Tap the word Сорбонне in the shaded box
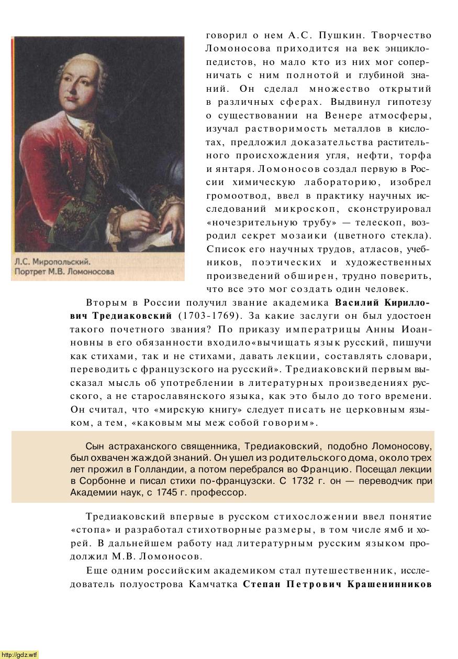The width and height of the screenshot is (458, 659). point(93,481)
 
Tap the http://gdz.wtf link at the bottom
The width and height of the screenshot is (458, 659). point(19,654)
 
